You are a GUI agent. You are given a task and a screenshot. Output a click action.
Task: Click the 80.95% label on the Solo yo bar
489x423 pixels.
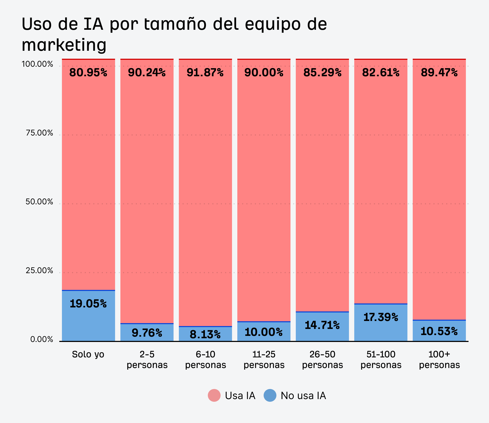pyautogui.click(x=88, y=73)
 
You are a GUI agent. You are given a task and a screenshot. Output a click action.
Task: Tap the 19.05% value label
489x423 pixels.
pyautogui.click(x=88, y=304)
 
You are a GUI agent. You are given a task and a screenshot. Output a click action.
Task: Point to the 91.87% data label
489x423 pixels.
pyautogui.click(x=205, y=73)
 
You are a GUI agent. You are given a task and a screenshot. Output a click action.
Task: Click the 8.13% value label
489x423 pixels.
pyautogui.click(x=205, y=335)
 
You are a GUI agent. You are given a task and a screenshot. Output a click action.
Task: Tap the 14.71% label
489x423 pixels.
pyautogui.click(x=322, y=325)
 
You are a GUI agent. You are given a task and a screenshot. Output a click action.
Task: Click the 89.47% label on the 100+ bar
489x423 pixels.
pyautogui.click(x=439, y=73)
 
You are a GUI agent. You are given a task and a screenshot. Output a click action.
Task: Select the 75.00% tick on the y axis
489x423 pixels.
pyautogui.click(x=39, y=133)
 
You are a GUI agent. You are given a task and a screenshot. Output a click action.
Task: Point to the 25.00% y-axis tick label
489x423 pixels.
pyautogui.click(x=39, y=271)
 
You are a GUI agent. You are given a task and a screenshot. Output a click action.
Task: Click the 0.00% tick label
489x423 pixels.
pyautogui.click(x=41, y=340)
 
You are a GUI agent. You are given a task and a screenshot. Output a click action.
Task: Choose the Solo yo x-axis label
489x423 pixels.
pyautogui.click(x=88, y=354)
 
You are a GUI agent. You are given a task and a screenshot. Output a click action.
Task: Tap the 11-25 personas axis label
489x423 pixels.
pyautogui.click(x=264, y=359)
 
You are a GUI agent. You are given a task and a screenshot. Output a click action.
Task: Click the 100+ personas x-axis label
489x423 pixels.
pyautogui.click(x=439, y=359)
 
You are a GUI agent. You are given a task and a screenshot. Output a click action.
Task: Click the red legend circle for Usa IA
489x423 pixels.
pyautogui.click(x=214, y=395)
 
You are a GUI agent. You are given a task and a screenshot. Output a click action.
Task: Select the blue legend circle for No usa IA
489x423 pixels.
pyautogui.click(x=270, y=395)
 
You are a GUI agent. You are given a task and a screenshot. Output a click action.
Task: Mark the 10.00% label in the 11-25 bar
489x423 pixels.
pyautogui.click(x=264, y=332)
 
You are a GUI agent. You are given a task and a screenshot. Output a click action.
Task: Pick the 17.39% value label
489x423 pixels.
pyautogui.click(x=381, y=317)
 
